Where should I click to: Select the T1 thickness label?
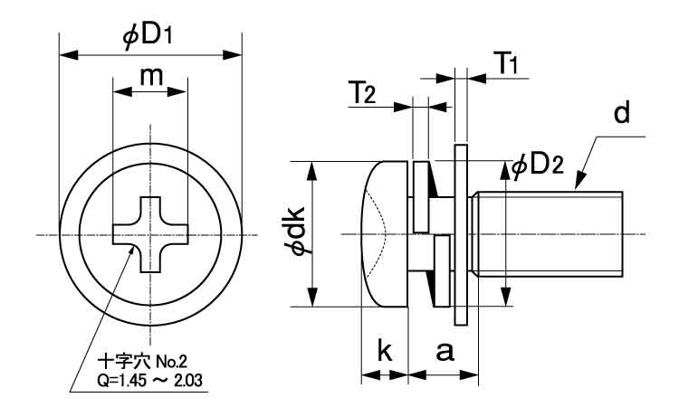(x=506, y=63)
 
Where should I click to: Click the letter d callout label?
(x=620, y=114)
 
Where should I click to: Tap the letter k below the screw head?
(x=385, y=351)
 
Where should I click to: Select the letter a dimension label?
(x=444, y=351)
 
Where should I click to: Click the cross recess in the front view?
(x=149, y=234)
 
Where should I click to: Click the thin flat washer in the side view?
(x=461, y=234)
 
